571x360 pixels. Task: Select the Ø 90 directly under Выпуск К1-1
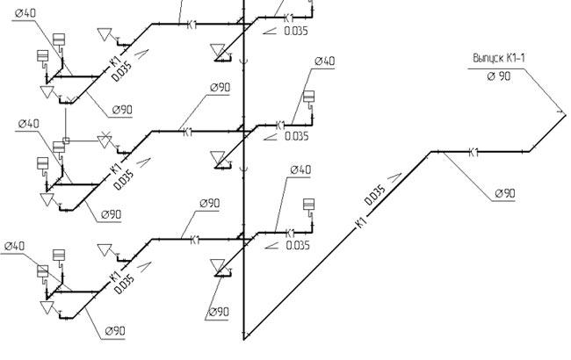tap(497, 76)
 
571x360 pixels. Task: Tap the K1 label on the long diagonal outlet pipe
tap(362, 225)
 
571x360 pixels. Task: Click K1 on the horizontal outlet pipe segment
tap(473, 153)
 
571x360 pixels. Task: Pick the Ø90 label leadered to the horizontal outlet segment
tap(504, 192)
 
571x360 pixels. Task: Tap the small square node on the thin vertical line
tap(66, 140)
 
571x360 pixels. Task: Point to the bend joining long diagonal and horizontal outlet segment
tap(432, 152)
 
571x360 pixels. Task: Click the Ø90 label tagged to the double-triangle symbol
tap(218, 312)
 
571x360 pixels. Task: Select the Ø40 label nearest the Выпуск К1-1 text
tap(325, 61)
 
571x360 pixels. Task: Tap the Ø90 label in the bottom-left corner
tap(116, 330)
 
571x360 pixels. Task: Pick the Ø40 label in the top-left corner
tap(25, 14)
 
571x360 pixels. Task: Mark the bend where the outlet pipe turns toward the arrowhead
tap(531, 152)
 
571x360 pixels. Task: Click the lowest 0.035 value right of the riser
tap(297, 246)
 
